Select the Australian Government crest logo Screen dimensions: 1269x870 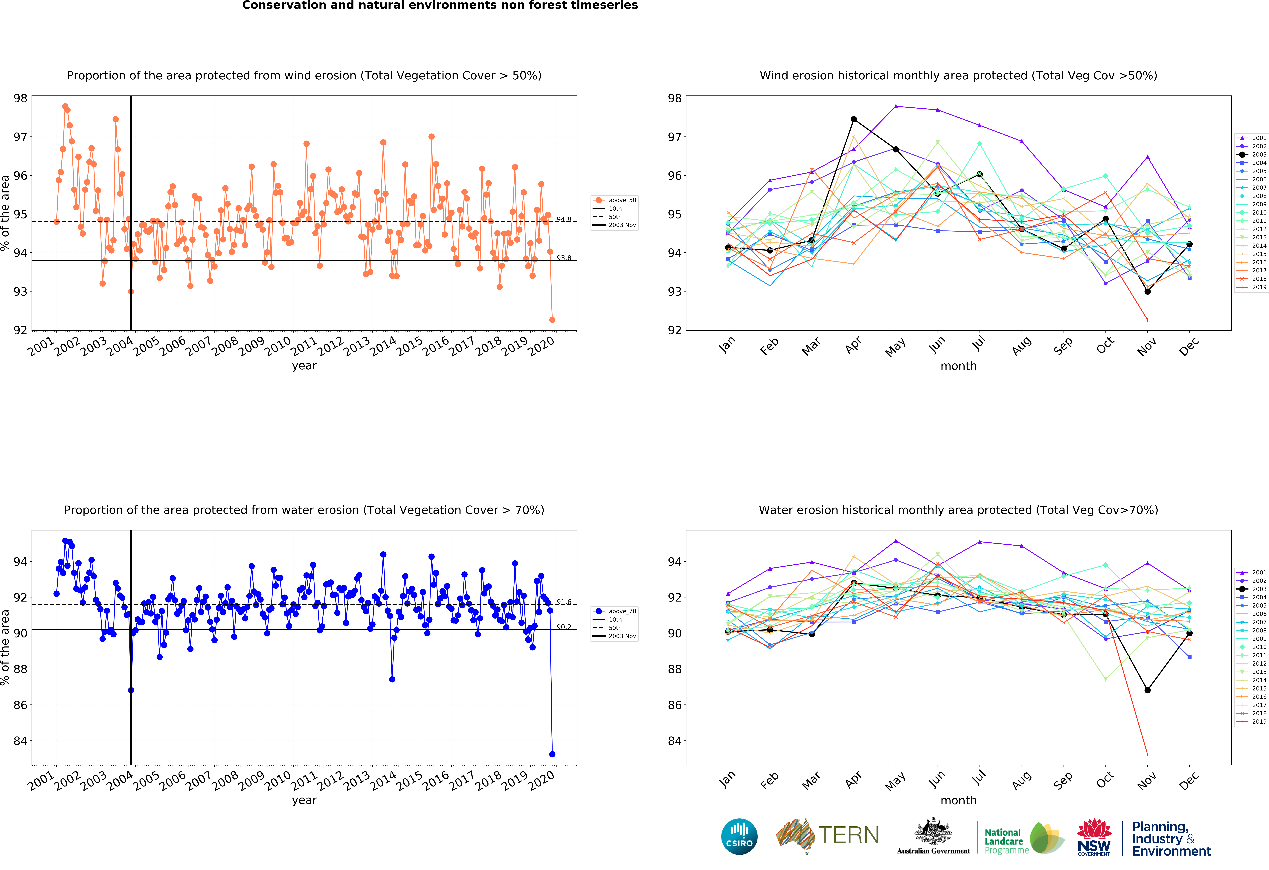point(933,836)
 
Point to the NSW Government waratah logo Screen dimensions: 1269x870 point(1094,837)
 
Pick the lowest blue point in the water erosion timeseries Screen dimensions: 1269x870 point(552,754)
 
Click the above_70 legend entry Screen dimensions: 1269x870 point(614,611)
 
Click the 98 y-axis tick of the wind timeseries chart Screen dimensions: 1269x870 point(20,98)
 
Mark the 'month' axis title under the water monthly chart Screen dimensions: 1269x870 point(958,800)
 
